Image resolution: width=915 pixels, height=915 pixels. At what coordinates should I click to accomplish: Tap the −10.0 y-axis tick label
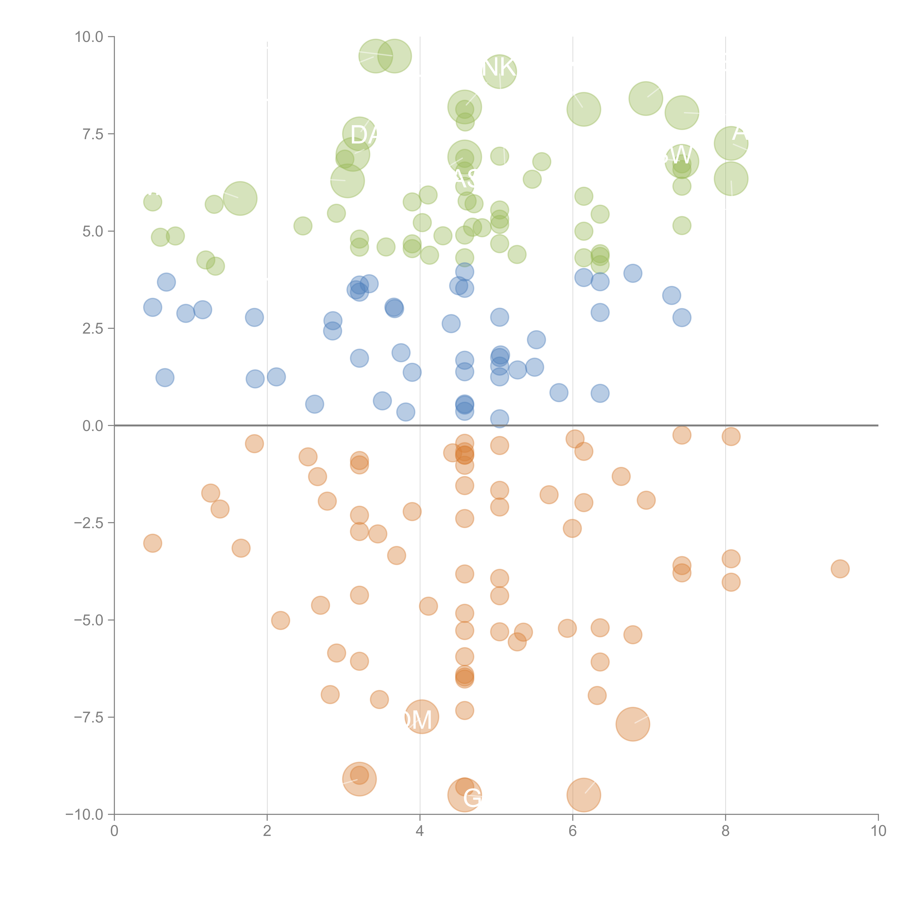tap(84, 815)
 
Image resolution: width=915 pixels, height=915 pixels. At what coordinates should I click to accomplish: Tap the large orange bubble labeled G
tap(465, 795)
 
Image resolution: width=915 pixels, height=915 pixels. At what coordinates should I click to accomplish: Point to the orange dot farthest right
tap(840, 569)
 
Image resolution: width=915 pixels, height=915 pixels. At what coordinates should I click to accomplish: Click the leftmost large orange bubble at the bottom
tap(359, 779)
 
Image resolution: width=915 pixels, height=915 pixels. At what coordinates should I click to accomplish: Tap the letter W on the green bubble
tap(681, 155)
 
